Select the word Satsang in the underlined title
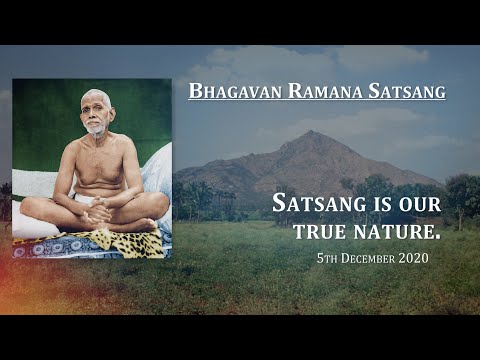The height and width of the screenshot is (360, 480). [403, 92]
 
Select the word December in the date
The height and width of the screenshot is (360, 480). [370, 259]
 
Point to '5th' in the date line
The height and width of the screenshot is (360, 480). [321, 259]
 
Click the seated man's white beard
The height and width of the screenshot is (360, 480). [95, 129]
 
